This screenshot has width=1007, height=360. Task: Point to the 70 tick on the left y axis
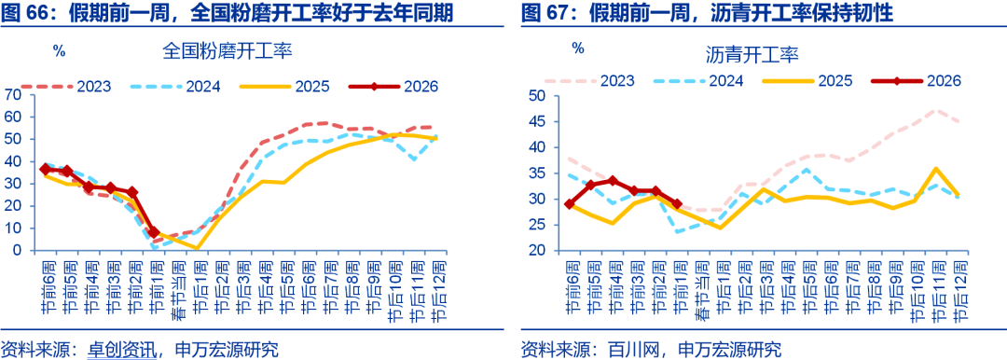[12, 94]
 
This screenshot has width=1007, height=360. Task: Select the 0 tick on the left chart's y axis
[16, 250]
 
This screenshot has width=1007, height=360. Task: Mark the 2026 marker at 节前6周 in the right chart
[570, 203]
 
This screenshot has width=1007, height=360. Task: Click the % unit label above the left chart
[59, 51]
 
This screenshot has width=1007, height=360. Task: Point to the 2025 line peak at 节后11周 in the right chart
[934, 169]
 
